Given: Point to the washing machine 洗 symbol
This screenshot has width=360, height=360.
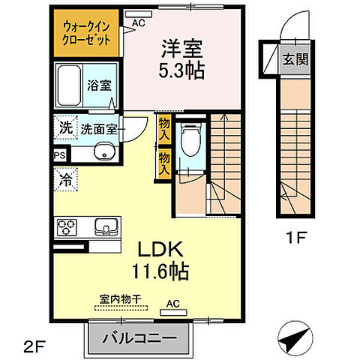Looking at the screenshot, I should click(x=66, y=128).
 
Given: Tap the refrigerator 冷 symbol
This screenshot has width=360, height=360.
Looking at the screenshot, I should click(x=66, y=181).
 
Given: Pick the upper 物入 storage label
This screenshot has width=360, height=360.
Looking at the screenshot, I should click(x=163, y=128).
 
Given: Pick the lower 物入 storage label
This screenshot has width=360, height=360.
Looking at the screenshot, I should click(x=163, y=163).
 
